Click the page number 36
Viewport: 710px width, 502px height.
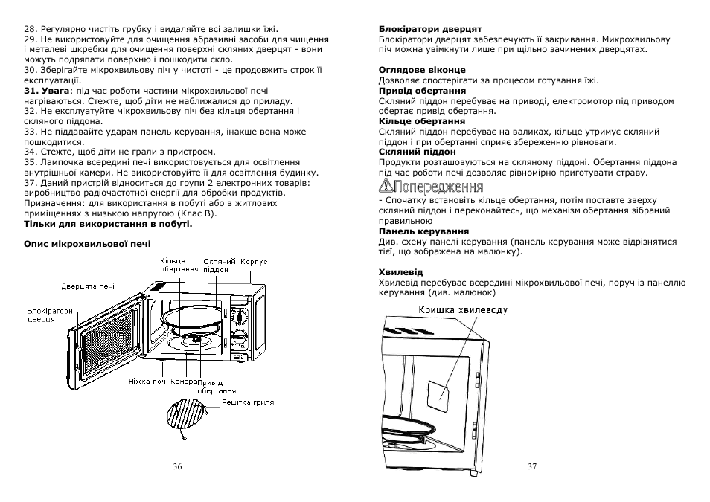[x=177, y=466]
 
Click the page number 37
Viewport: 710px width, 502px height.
[x=531, y=466]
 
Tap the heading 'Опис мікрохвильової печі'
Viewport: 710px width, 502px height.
[x=87, y=243]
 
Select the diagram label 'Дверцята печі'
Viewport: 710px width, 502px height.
[x=88, y=286]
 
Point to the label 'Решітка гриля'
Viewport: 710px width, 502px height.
[x=249, y=402]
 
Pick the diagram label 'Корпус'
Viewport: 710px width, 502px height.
[x=254, y=262]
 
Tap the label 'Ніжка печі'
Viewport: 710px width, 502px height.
[x=147, y=382]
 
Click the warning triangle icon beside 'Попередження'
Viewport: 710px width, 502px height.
[x=385, y=186]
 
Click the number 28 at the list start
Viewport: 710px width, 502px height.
[x=31, y=28]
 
